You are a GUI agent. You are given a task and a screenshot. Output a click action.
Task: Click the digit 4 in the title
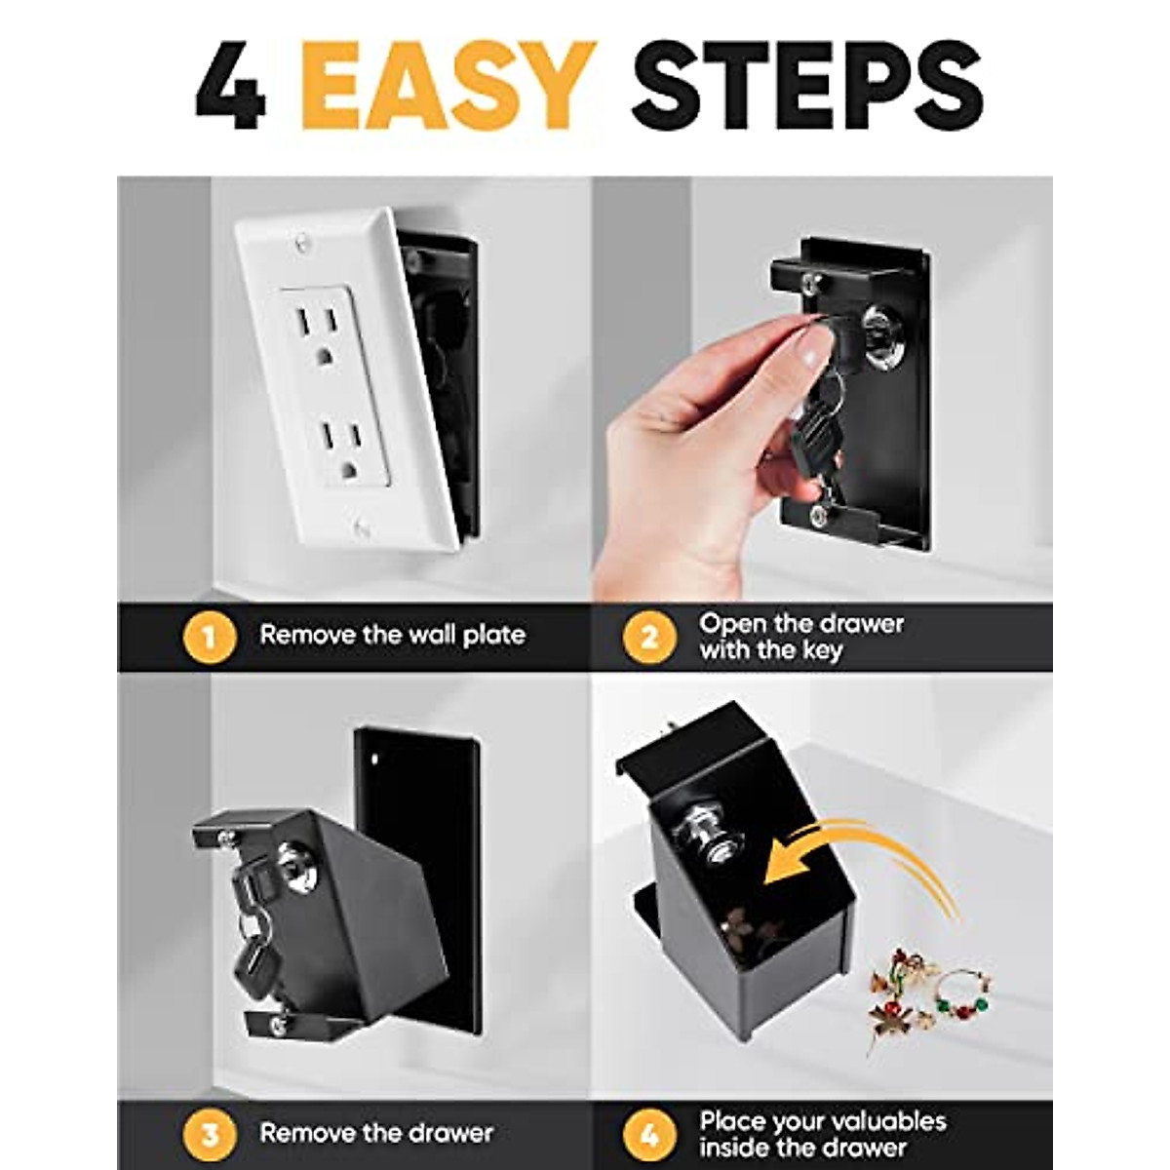230,85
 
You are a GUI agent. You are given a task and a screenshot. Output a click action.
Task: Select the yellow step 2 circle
649,638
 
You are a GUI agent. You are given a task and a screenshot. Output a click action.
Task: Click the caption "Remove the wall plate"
392,636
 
